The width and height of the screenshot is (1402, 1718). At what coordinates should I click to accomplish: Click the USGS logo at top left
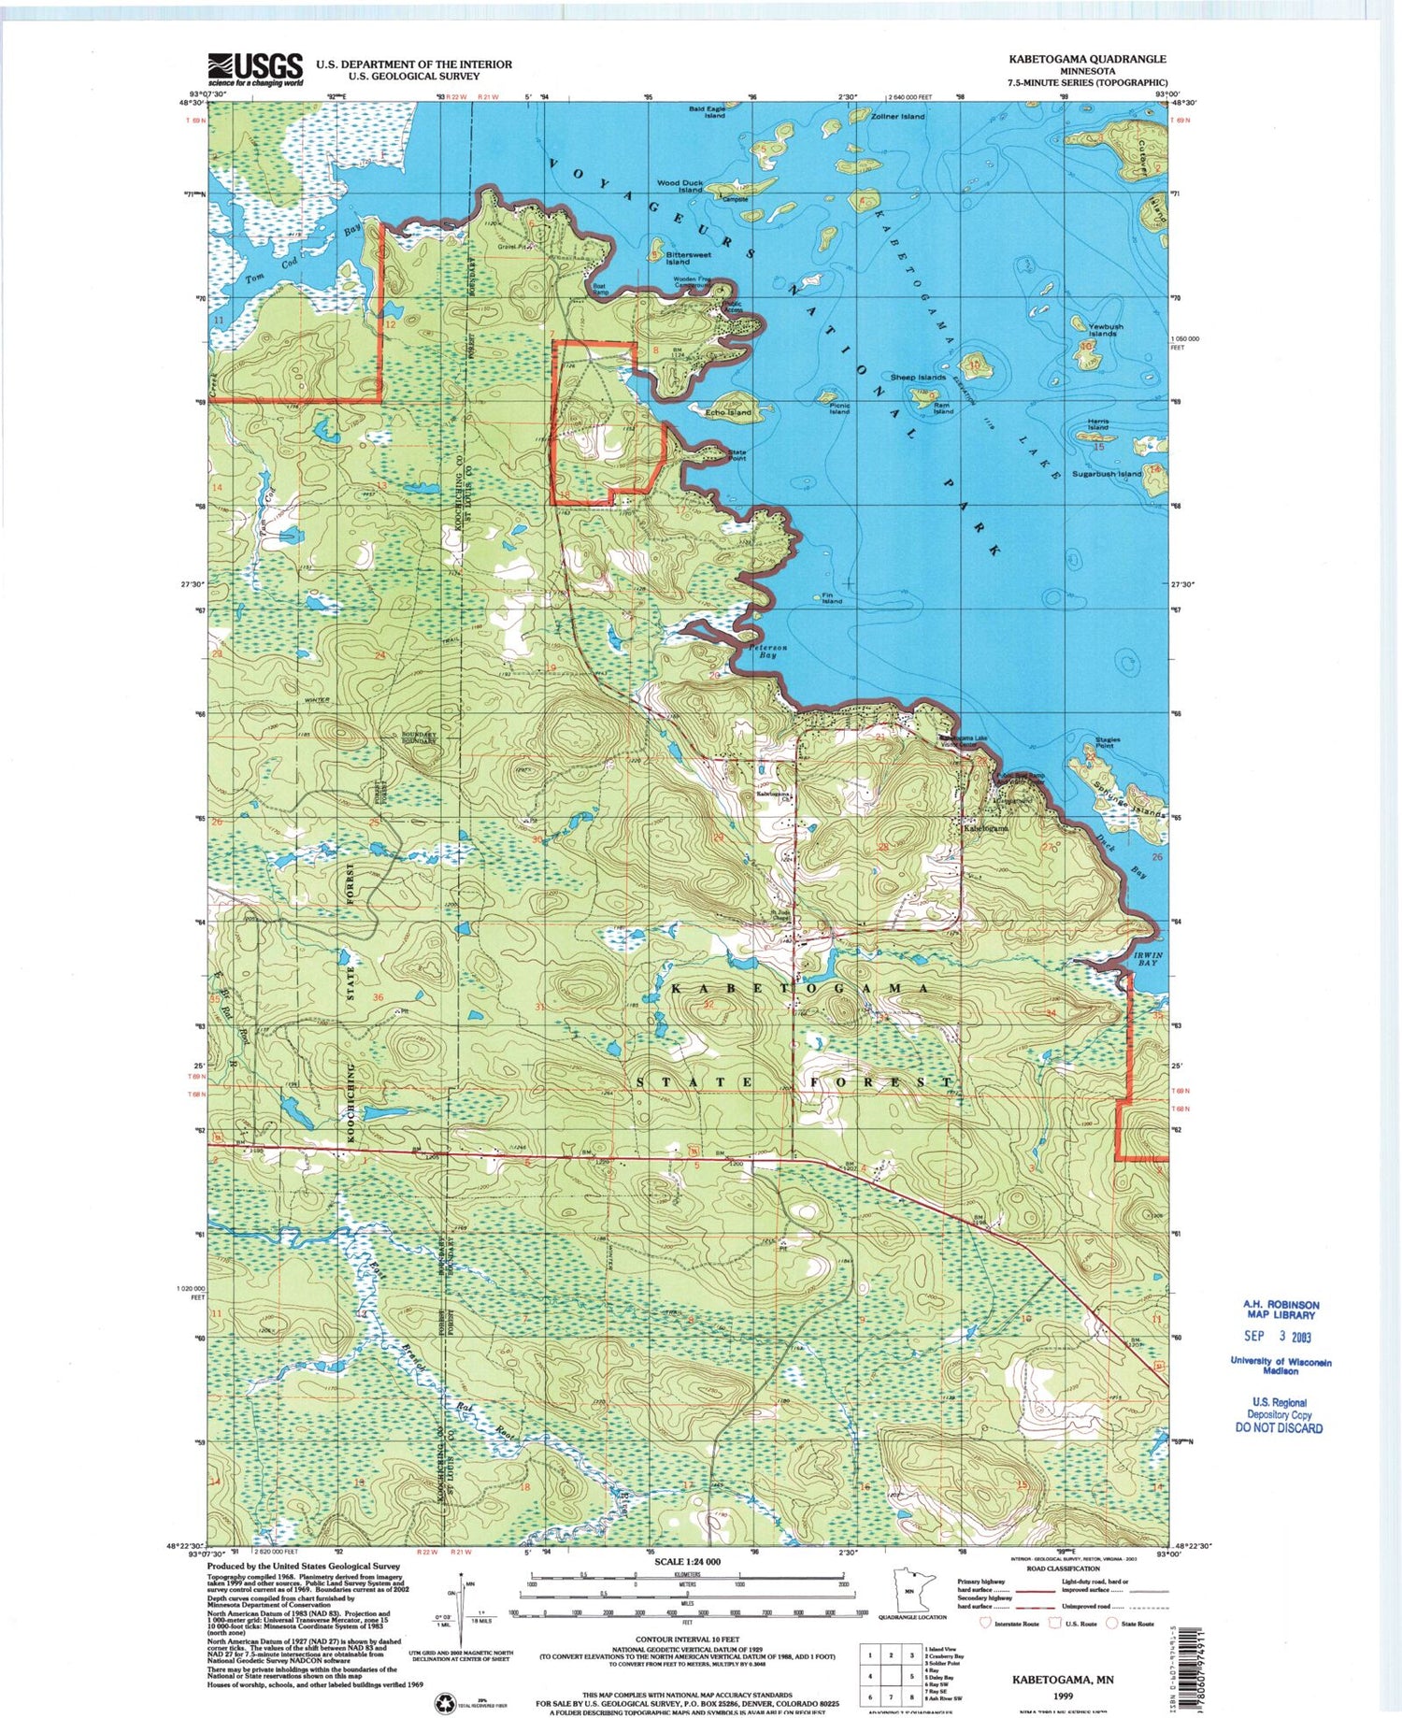pyautogui.click(x=256, y=68)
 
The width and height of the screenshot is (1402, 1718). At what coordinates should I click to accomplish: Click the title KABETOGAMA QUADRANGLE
pyautogui.click(x=1086, y=58)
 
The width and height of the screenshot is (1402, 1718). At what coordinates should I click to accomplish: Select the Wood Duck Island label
pyautogui.click(x=680, y=186)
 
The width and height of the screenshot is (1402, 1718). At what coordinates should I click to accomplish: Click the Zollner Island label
pyautogui.click(x=897, y=117)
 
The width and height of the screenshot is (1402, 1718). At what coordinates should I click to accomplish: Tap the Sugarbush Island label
pyautogui.click(x=1107, y=474)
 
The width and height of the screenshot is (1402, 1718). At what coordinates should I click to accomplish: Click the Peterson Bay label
pyautogui.click(x=767, y=651)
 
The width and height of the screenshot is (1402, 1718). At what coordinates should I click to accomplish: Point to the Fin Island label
pyautogui.click(x=831, y=598)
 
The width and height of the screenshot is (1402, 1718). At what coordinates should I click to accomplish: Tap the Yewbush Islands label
pyautogui.click(x=1105, y=329)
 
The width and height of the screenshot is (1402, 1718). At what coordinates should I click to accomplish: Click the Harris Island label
pyautogui.click(x=1097, y=424)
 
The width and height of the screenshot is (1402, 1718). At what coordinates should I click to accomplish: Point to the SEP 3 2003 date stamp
pyautogui.click(x=1280, y=1337)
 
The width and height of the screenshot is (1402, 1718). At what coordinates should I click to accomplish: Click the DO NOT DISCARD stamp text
pyautogui.click(x=1280, y=1427)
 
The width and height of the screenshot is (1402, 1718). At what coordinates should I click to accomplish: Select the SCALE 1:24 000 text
pyautogui.click(x=687, y=1562)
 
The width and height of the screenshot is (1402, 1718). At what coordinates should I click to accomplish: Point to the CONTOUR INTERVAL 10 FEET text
pyautogui.click(x=687, y=1639)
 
